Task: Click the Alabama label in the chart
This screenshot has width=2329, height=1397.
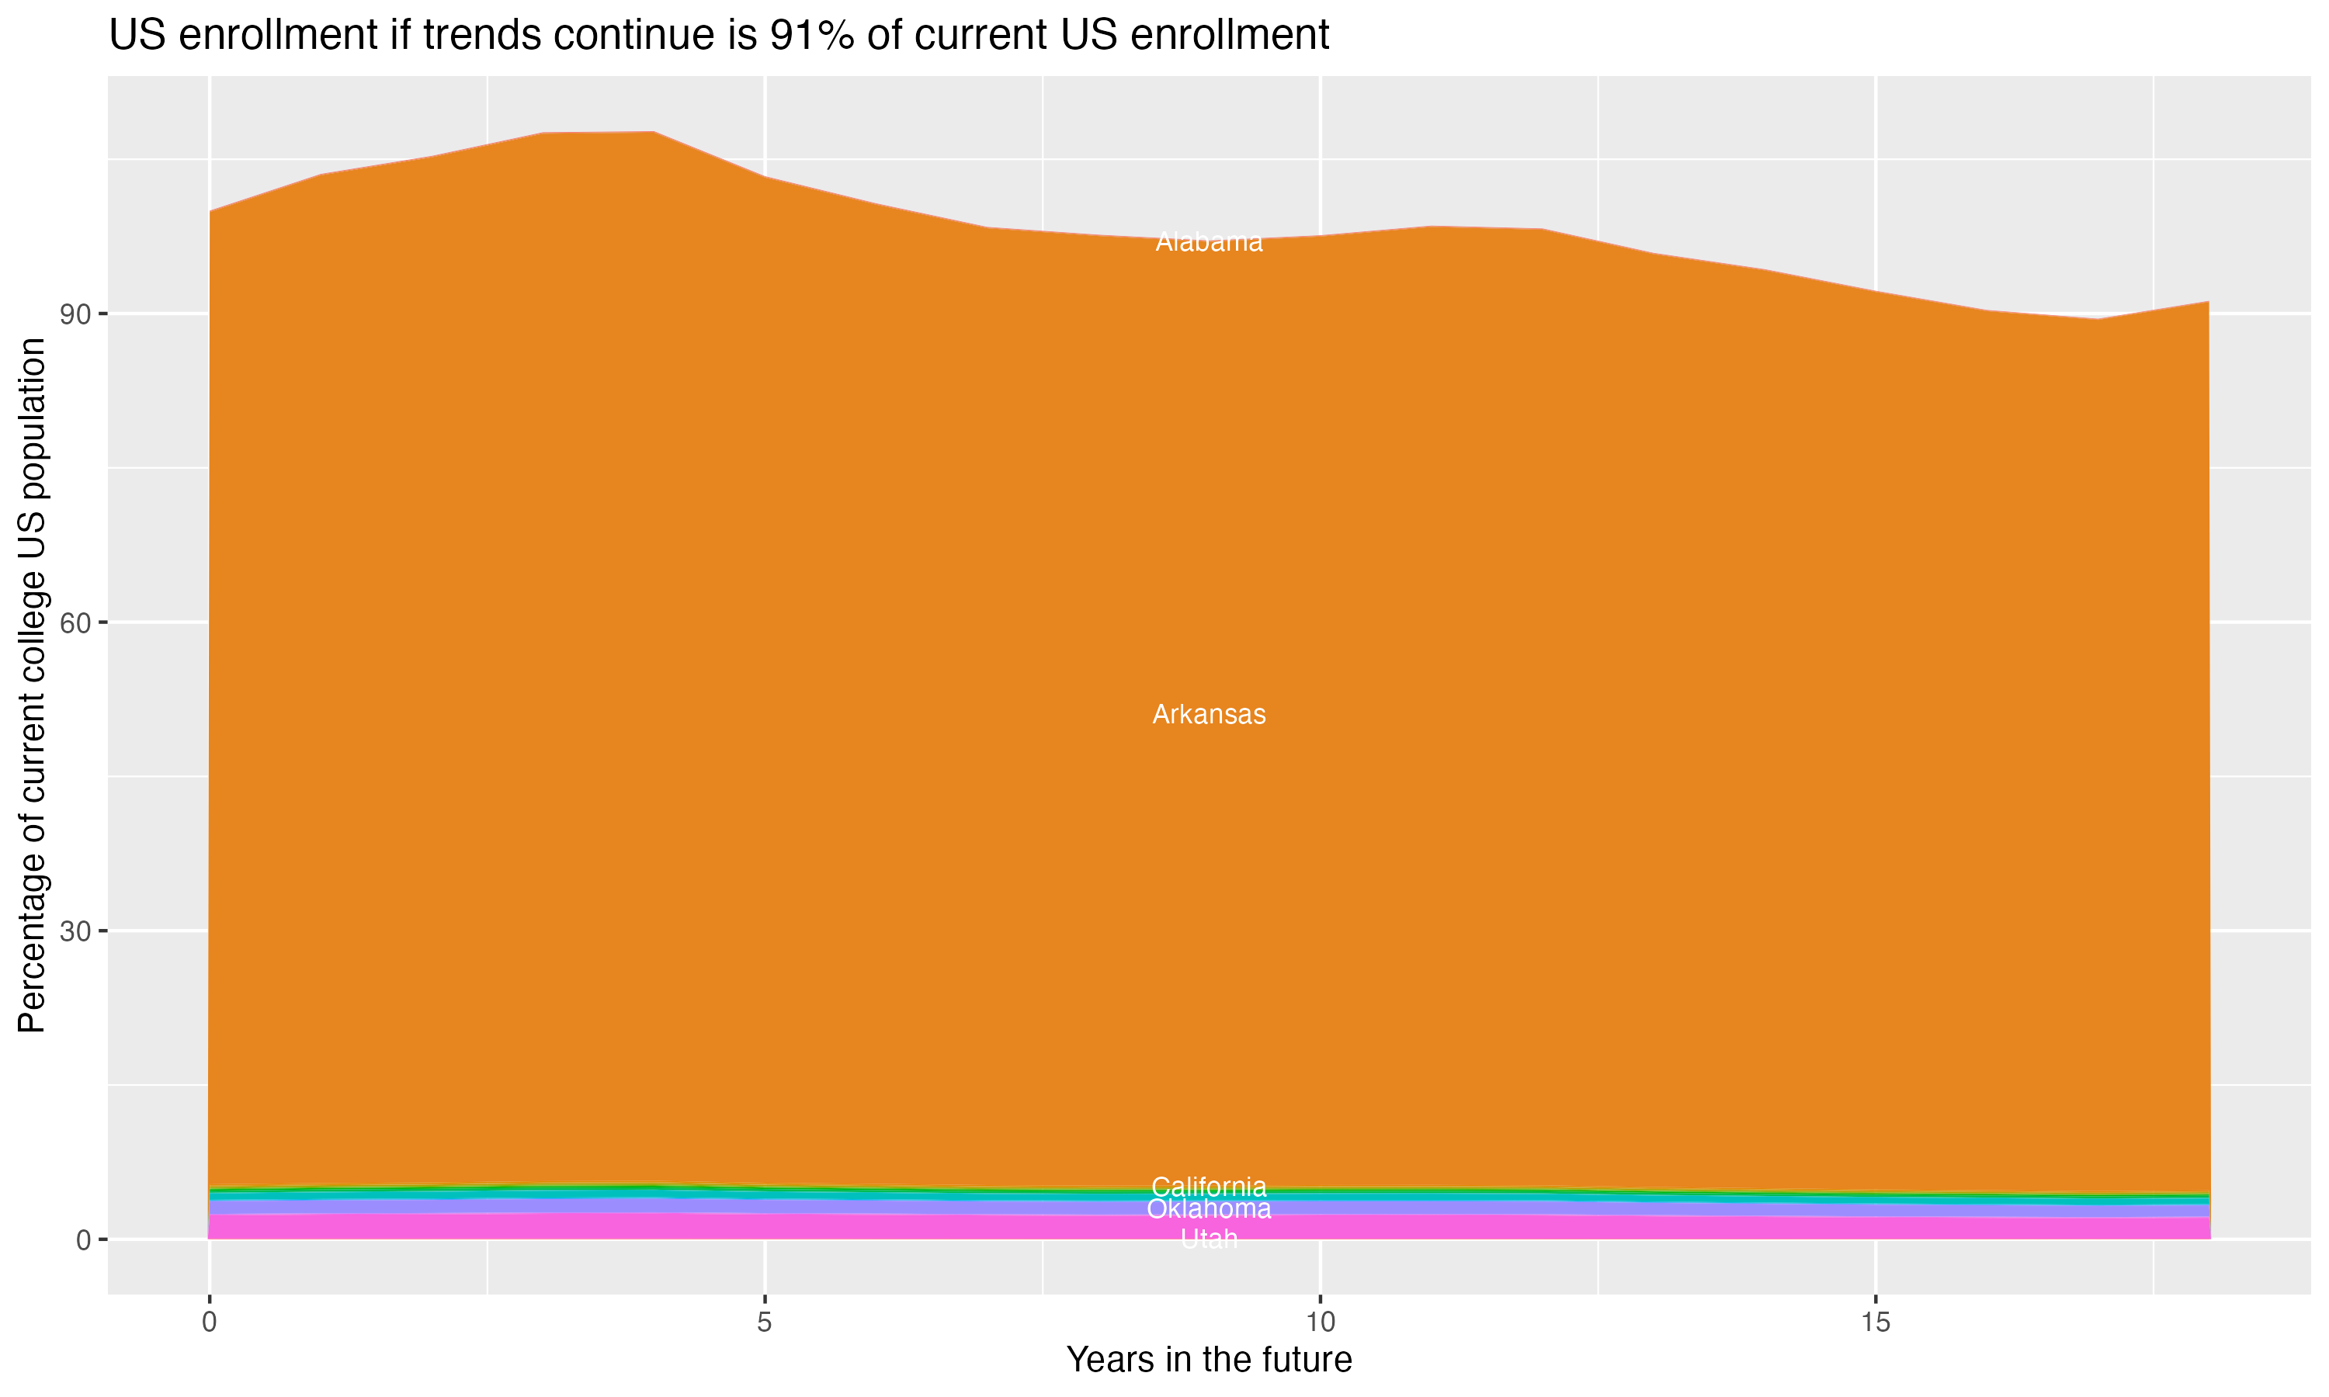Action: pos(1209,243)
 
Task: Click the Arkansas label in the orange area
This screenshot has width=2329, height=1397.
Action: pos(1209,715)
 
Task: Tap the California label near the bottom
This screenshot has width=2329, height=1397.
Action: pos(1209,1187)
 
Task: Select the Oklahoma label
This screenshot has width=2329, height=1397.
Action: pos(1209,1208)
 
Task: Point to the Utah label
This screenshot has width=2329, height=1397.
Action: pos(1209,1239)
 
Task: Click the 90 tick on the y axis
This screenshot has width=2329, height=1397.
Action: pos(76,314)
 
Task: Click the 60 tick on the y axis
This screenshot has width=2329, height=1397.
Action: pos(76,623)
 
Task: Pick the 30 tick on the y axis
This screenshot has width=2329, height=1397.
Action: pos(76,932)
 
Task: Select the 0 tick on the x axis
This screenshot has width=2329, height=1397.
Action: pos(209,1322)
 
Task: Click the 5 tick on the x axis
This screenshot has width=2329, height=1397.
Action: pos(765,1322)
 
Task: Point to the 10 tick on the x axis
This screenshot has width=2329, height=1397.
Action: pos(1320,1322)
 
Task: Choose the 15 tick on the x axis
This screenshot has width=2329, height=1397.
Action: pos(1876,1322)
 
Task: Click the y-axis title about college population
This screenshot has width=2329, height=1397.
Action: pos(32,685)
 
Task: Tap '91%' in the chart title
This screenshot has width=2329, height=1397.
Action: pos(811,36)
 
